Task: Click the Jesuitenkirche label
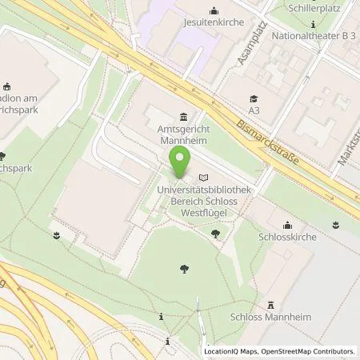(214, 23)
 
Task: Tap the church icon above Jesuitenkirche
(214, 10)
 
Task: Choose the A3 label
(254, 109)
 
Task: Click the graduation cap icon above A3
(254, 96)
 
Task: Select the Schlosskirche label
(286, 237)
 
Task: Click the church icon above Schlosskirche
(286, 224)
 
